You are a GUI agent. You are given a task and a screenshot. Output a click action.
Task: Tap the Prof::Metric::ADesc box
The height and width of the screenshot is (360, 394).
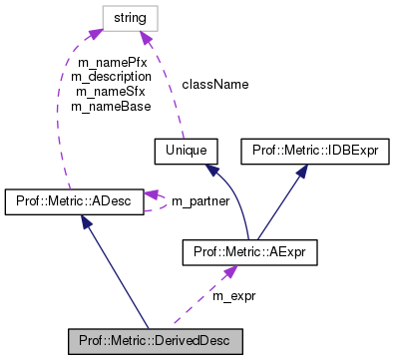tap(76, 201)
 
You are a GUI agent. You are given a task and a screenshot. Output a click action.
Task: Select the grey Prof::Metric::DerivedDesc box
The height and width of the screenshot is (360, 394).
tap(155, 340)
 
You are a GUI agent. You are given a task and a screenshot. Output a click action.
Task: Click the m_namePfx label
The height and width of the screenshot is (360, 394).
tap(112, 62)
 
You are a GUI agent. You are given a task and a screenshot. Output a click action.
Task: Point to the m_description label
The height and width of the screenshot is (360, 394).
tap(112, 76)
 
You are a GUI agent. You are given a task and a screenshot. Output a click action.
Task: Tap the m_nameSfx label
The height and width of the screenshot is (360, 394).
tap(112, 91)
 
